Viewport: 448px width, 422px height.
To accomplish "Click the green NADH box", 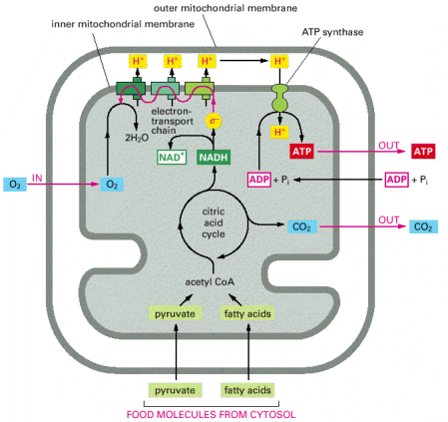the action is (214, 158).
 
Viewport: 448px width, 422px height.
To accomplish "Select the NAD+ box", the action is (172, 158).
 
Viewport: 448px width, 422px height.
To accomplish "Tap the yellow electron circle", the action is (214, 121).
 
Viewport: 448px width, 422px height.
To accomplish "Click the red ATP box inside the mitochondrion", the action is (301, 152).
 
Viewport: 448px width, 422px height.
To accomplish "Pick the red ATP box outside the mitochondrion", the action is (423, 152).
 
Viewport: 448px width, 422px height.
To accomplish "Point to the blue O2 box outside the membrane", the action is (15, 185).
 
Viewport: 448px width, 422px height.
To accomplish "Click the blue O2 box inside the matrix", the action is (112, 185).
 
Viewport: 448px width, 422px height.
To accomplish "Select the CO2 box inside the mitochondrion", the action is (302, 226).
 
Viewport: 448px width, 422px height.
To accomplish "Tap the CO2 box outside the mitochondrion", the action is (423, 226).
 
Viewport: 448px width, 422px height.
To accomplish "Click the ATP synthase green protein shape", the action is (280, 97).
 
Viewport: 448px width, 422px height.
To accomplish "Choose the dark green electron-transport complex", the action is (131, 89).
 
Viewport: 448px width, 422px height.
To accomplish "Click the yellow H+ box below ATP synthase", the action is (279, 132).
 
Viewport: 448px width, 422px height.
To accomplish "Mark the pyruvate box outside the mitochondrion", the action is (175, 390).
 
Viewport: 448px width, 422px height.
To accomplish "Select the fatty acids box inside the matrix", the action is (247, 313).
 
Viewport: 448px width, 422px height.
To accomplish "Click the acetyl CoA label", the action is (210, 282).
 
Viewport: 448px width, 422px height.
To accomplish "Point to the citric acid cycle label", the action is (214, 222).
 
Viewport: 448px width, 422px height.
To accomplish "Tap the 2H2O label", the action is (137, 138).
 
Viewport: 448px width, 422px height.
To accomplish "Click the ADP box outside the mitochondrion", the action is (397, 180).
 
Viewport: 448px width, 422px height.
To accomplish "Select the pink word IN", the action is (37, 179).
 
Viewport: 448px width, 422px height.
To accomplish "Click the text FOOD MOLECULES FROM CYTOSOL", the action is (211, 414).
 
